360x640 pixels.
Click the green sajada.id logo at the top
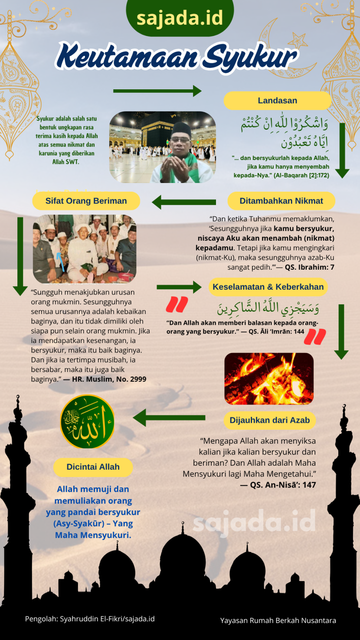(180, 18)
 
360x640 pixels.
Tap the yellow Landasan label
(277, 101)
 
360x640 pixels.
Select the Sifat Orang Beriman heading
(86, 201)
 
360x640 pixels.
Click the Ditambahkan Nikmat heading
(281, 201)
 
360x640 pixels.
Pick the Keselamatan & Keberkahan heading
(268, 287)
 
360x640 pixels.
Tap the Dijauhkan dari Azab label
(269, 420)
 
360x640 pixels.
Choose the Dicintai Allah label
(93, 467)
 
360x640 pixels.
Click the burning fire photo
(268, 379)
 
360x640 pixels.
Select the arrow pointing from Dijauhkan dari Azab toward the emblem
(169, 418)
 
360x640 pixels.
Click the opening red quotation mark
(177, 304)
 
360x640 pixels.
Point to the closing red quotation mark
(314, 336)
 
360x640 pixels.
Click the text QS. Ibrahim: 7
(309, 267)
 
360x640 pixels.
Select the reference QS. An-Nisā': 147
(278, 485)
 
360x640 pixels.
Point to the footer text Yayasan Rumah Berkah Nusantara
(278, 620)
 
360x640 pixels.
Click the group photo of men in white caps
(85, 248)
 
